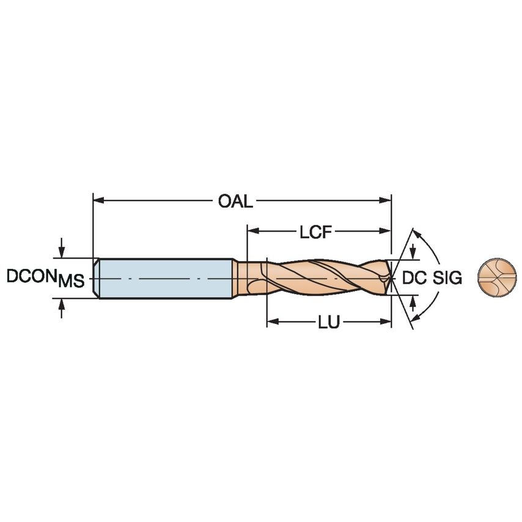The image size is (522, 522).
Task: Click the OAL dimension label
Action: tap(235, 201)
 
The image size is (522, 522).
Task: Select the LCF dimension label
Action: tap(316, 232)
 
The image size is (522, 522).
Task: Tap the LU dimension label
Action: tap(328, 323)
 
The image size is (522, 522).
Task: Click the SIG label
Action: tap(447, 278)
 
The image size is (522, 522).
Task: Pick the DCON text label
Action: tap(31, 276)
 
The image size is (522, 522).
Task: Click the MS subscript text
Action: tap(71, 282)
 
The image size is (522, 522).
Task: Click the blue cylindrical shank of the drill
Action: tap(165, 278)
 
